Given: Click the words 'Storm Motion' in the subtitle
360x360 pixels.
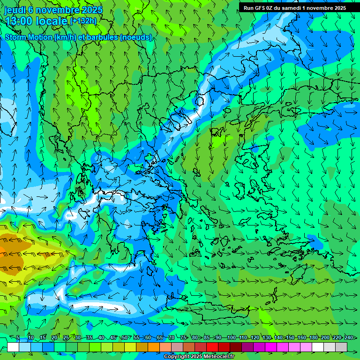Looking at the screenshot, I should (x=29, y=37).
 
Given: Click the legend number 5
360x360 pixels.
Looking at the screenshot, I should (x=18, y=338).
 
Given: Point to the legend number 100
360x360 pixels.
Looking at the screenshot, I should (x=231, y=338).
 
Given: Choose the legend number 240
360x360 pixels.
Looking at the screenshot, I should (x=349, y=338).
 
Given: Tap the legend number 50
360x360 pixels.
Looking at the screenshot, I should (x=124, y=338).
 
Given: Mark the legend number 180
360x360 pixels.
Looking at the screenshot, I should (x=313, y=338).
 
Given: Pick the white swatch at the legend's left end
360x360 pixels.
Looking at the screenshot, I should (x=13, y=347).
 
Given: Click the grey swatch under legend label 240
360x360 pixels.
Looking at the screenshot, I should (x=342, y=347).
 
